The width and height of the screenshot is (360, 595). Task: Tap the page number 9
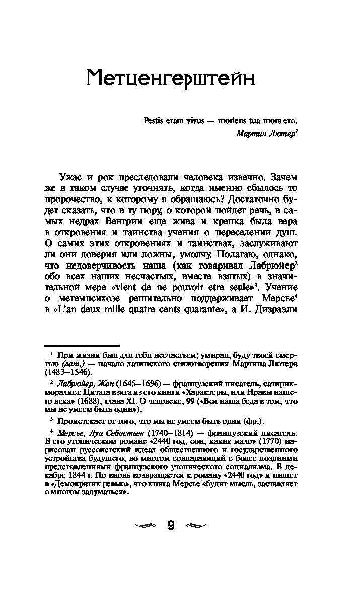click(171, 526)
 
